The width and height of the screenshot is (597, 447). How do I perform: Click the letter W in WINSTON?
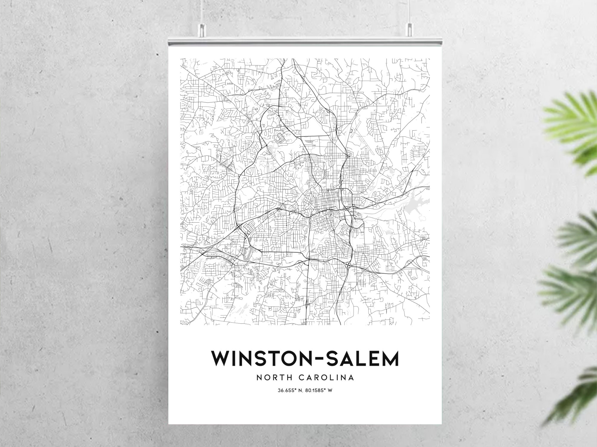[220, 359]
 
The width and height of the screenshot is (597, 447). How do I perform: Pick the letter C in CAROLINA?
[301, 378]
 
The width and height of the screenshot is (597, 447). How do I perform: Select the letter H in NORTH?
[291, 378]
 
